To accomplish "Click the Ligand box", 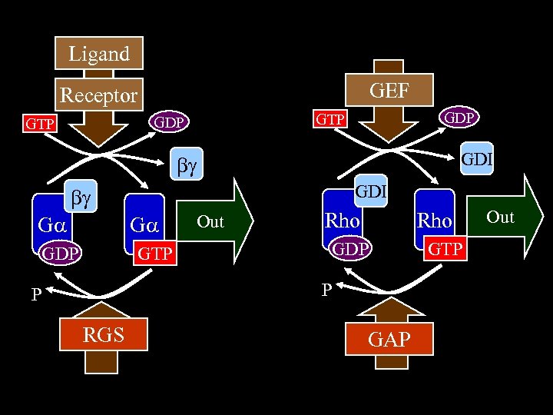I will point(99,55).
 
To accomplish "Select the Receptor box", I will point(99,95).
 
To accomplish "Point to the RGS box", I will point(104,335).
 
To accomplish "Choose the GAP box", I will point(389,339).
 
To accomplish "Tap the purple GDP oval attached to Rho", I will point(349,248).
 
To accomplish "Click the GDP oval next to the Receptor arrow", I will point(168,122).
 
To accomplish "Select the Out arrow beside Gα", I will point(216,222).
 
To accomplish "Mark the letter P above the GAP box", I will point(326,289).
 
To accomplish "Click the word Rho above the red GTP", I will point(434,221).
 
